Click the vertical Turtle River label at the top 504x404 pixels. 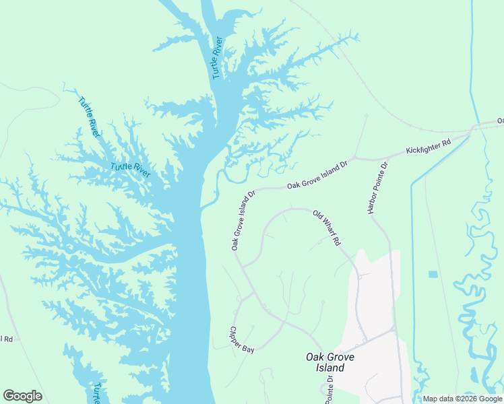coord(217,58)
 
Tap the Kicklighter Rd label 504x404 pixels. coord(428,147)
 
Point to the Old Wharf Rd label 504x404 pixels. coord(327,228)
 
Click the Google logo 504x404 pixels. coord(22,396)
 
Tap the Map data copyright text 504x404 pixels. coord(462,399)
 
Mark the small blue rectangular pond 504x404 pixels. coord(433,274)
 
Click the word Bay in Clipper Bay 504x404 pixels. coord(249,349)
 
